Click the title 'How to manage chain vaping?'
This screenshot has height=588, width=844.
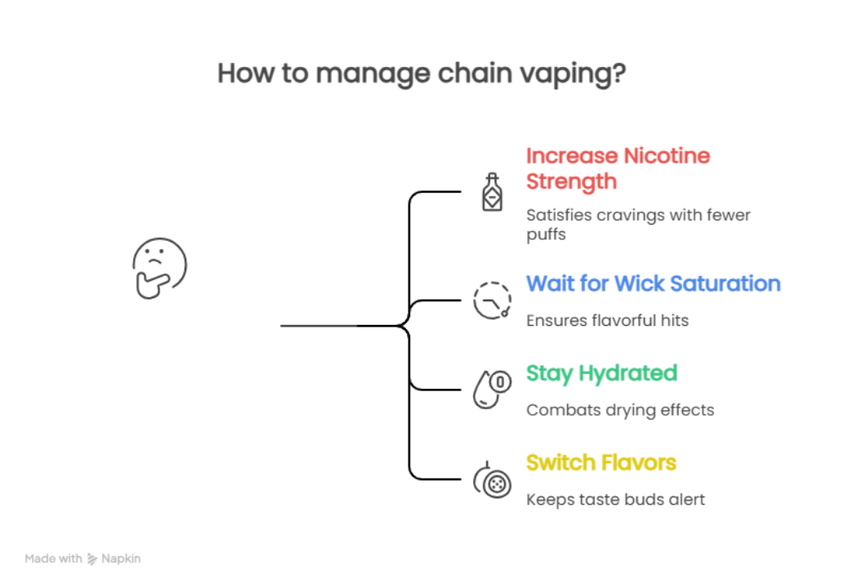click(422, 73)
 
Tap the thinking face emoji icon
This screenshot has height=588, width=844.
click(159, 267)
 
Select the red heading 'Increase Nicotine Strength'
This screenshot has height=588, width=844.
click(618, 168)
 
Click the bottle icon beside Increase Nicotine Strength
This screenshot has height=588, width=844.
click(492, 193)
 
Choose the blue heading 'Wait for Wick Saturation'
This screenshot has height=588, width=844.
click(653, 283)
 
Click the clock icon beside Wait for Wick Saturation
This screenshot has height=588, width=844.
click(492, 300)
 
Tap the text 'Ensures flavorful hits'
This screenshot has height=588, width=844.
click(606, 320)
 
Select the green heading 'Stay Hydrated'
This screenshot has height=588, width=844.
click(601, 373)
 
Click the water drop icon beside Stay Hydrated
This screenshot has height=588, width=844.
click(492, 389)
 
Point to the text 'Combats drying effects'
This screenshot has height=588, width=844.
click(619, 410)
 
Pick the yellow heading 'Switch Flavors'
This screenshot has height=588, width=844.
click(601, 462)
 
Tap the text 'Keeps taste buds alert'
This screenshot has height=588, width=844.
click(614, 499)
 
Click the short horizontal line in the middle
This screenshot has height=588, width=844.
click(318, 326)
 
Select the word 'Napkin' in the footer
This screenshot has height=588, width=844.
click(121, 559)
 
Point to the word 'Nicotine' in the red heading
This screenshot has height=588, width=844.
click(667, 155)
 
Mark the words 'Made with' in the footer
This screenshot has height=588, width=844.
click(53, 559)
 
